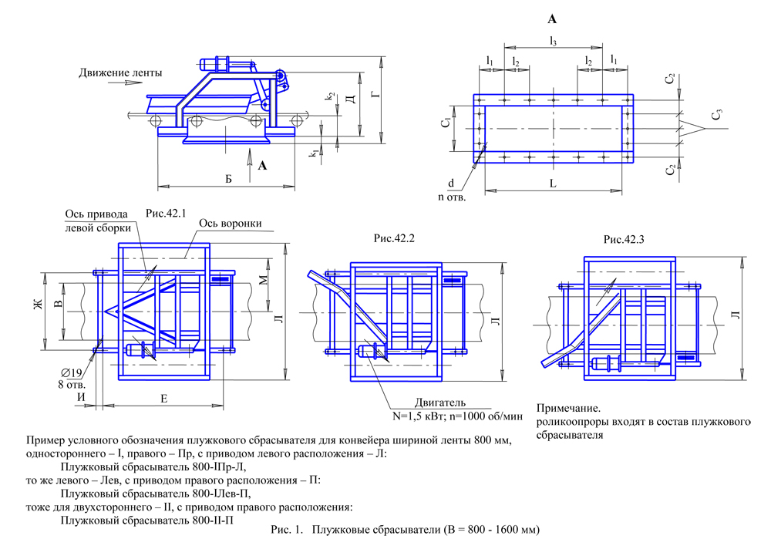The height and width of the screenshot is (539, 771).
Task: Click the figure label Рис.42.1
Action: click(x=167, y=212)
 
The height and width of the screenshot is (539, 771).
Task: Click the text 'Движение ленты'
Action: click(x=120, y=73)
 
